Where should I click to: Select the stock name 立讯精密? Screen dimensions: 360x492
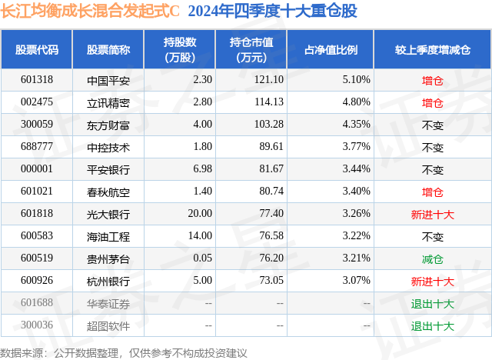pos(108,102)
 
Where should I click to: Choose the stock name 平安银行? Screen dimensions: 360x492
pos(108,169)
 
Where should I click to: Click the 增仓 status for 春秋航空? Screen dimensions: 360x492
pos(433,192)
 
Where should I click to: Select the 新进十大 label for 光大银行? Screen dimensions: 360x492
pos(433,214)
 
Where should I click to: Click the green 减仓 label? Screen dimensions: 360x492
pos(433,258)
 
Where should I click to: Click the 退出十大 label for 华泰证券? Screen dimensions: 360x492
pos(433,303)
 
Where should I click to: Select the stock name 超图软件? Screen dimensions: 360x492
pos(108,325)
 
